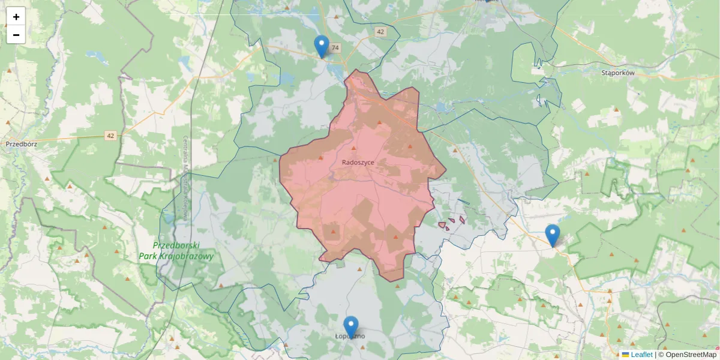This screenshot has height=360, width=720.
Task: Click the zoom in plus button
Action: click(16, 17)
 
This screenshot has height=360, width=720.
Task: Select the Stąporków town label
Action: click(617, 73)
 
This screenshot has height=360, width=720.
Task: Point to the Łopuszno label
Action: click(350, 336)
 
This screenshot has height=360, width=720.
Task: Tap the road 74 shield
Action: click(335, 48)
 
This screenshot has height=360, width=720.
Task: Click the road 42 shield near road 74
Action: click(380, 31)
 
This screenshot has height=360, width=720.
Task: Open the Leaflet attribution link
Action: click(641, 355)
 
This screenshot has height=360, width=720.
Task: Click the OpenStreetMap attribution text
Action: click(691, 355)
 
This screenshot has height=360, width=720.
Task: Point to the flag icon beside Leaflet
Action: click(626, 355)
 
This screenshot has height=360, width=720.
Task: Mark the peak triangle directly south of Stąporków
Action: click(616, 109)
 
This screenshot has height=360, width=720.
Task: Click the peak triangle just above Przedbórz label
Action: click(8, 122)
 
